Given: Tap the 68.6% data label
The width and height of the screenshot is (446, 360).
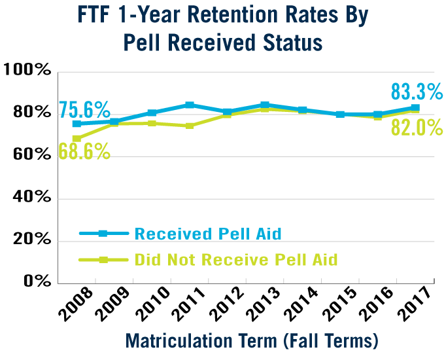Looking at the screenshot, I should [x=84, y=151].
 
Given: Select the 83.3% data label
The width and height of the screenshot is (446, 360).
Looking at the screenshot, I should [x=417, y=91].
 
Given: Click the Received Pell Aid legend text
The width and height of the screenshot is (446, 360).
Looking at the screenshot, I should [x=207, y=234].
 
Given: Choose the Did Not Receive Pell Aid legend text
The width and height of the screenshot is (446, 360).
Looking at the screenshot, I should [x=235, y=260].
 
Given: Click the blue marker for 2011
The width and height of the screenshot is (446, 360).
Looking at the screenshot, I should [x=190, y=105].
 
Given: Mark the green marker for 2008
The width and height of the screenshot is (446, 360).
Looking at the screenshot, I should [x=77, y=139].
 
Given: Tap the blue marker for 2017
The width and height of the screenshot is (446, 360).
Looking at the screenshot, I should [x=415, y=108].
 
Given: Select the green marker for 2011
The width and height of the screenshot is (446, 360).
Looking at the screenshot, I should [x=190, y=126].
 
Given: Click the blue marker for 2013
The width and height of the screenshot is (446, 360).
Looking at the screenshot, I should [x=265, y=105].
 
